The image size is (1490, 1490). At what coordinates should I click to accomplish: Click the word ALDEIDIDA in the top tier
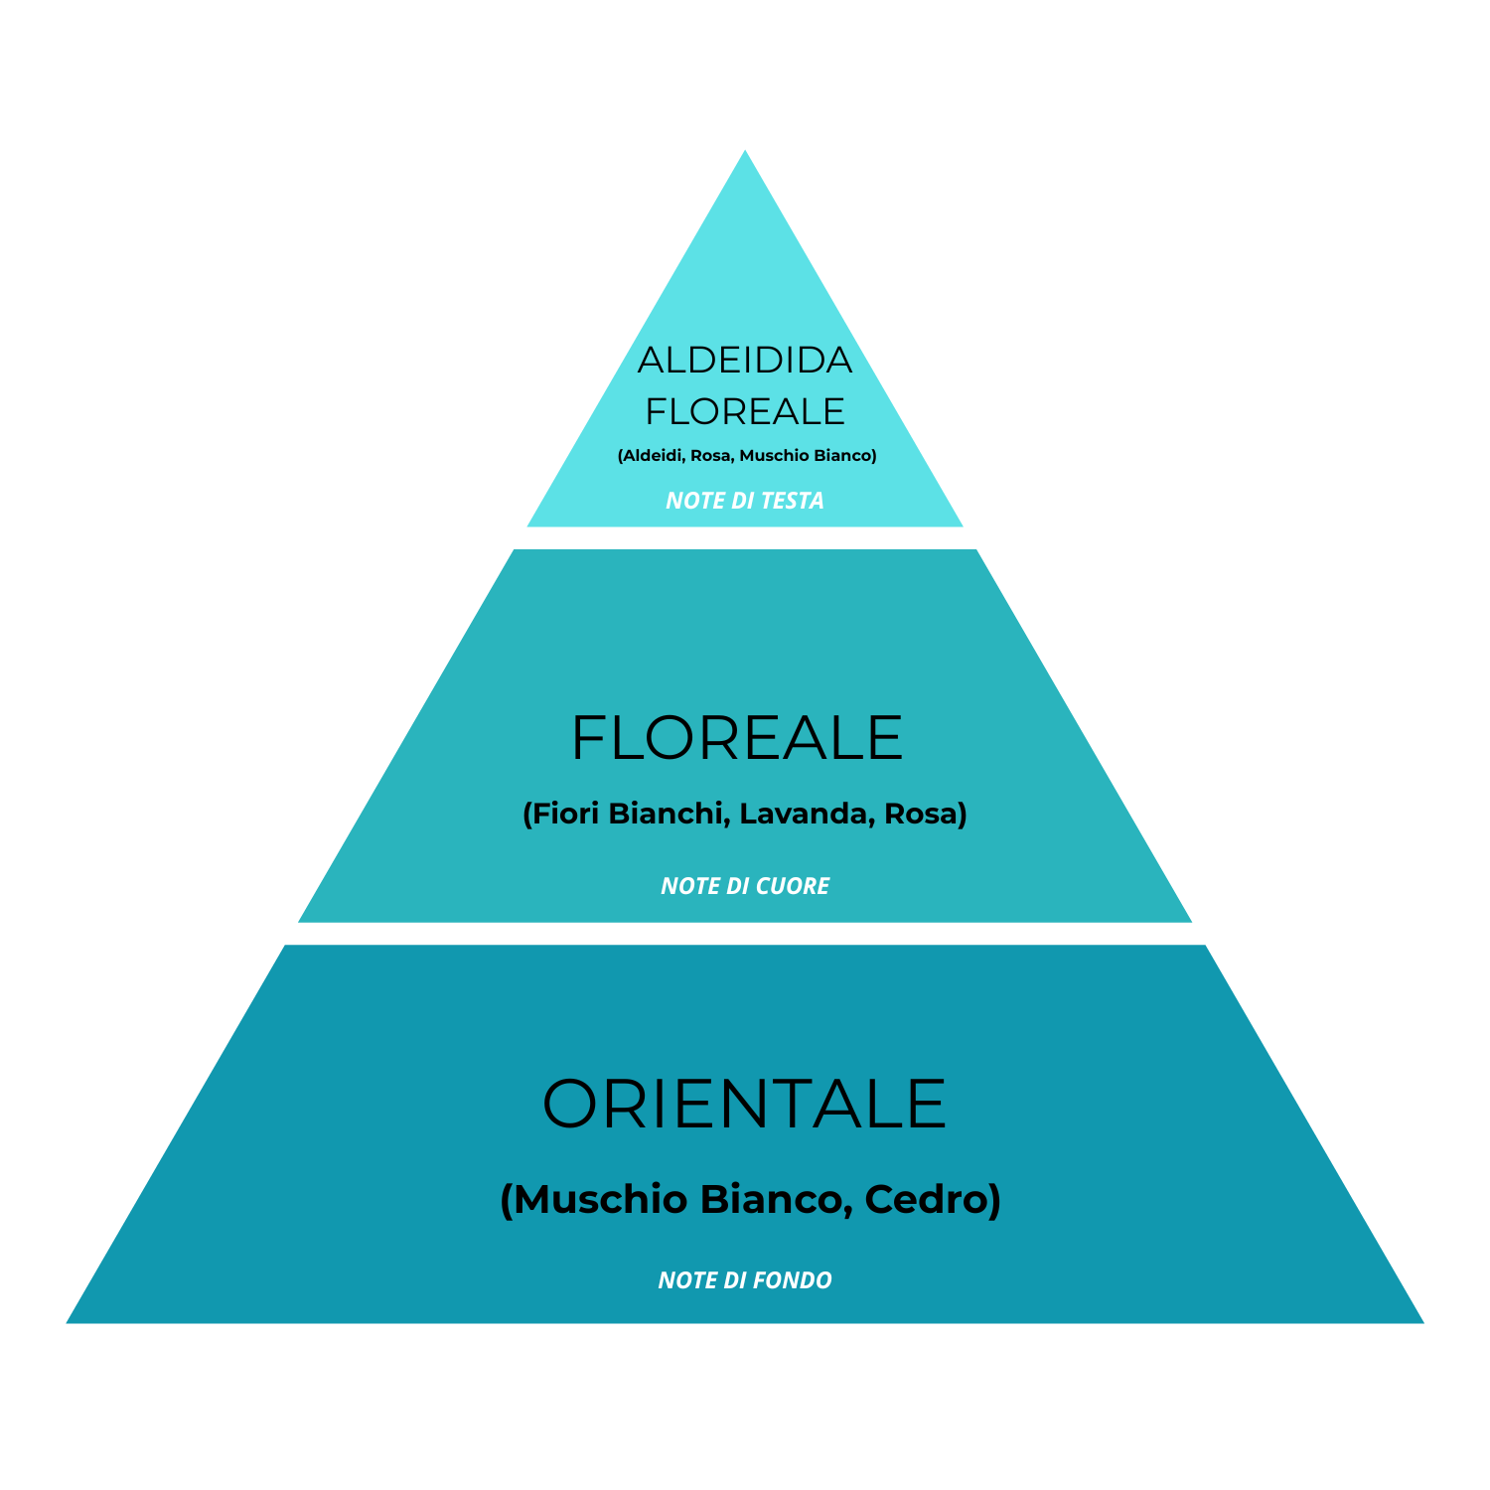(x=745, y=360)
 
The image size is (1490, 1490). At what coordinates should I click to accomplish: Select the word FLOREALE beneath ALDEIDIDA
(x=745, y=411)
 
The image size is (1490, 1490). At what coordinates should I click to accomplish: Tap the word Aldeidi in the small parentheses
(x=652, y=456)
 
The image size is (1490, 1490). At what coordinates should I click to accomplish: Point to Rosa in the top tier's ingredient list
(x=710, y=456)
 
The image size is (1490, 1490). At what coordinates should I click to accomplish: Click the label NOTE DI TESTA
(x=745, y=501)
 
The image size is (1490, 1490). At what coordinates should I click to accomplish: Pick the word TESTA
(x=793, y=501)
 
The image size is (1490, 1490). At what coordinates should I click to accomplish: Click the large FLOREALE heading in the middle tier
(x=737, y=738)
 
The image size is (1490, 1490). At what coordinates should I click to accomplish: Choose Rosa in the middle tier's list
(x=922, y=814)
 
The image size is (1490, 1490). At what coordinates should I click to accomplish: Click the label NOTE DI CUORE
(x=745, y=886)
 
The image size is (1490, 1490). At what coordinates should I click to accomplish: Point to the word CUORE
(x=792, y=886)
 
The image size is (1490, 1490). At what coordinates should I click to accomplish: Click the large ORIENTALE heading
(x=745, y=1105)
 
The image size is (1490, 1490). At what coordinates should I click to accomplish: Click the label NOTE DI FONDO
(x=745, y=1280)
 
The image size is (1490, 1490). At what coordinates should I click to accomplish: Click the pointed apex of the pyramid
(x=745, y=153)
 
